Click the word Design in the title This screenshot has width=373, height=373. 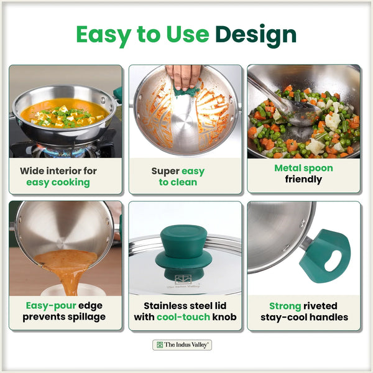[256, 35]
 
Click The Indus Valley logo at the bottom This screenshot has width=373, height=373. [182, 344]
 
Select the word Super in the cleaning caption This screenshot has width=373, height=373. [165, 172]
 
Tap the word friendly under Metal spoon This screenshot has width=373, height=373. [303, 180]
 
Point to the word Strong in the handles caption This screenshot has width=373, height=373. [285, 306]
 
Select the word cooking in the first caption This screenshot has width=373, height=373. [71, 183]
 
